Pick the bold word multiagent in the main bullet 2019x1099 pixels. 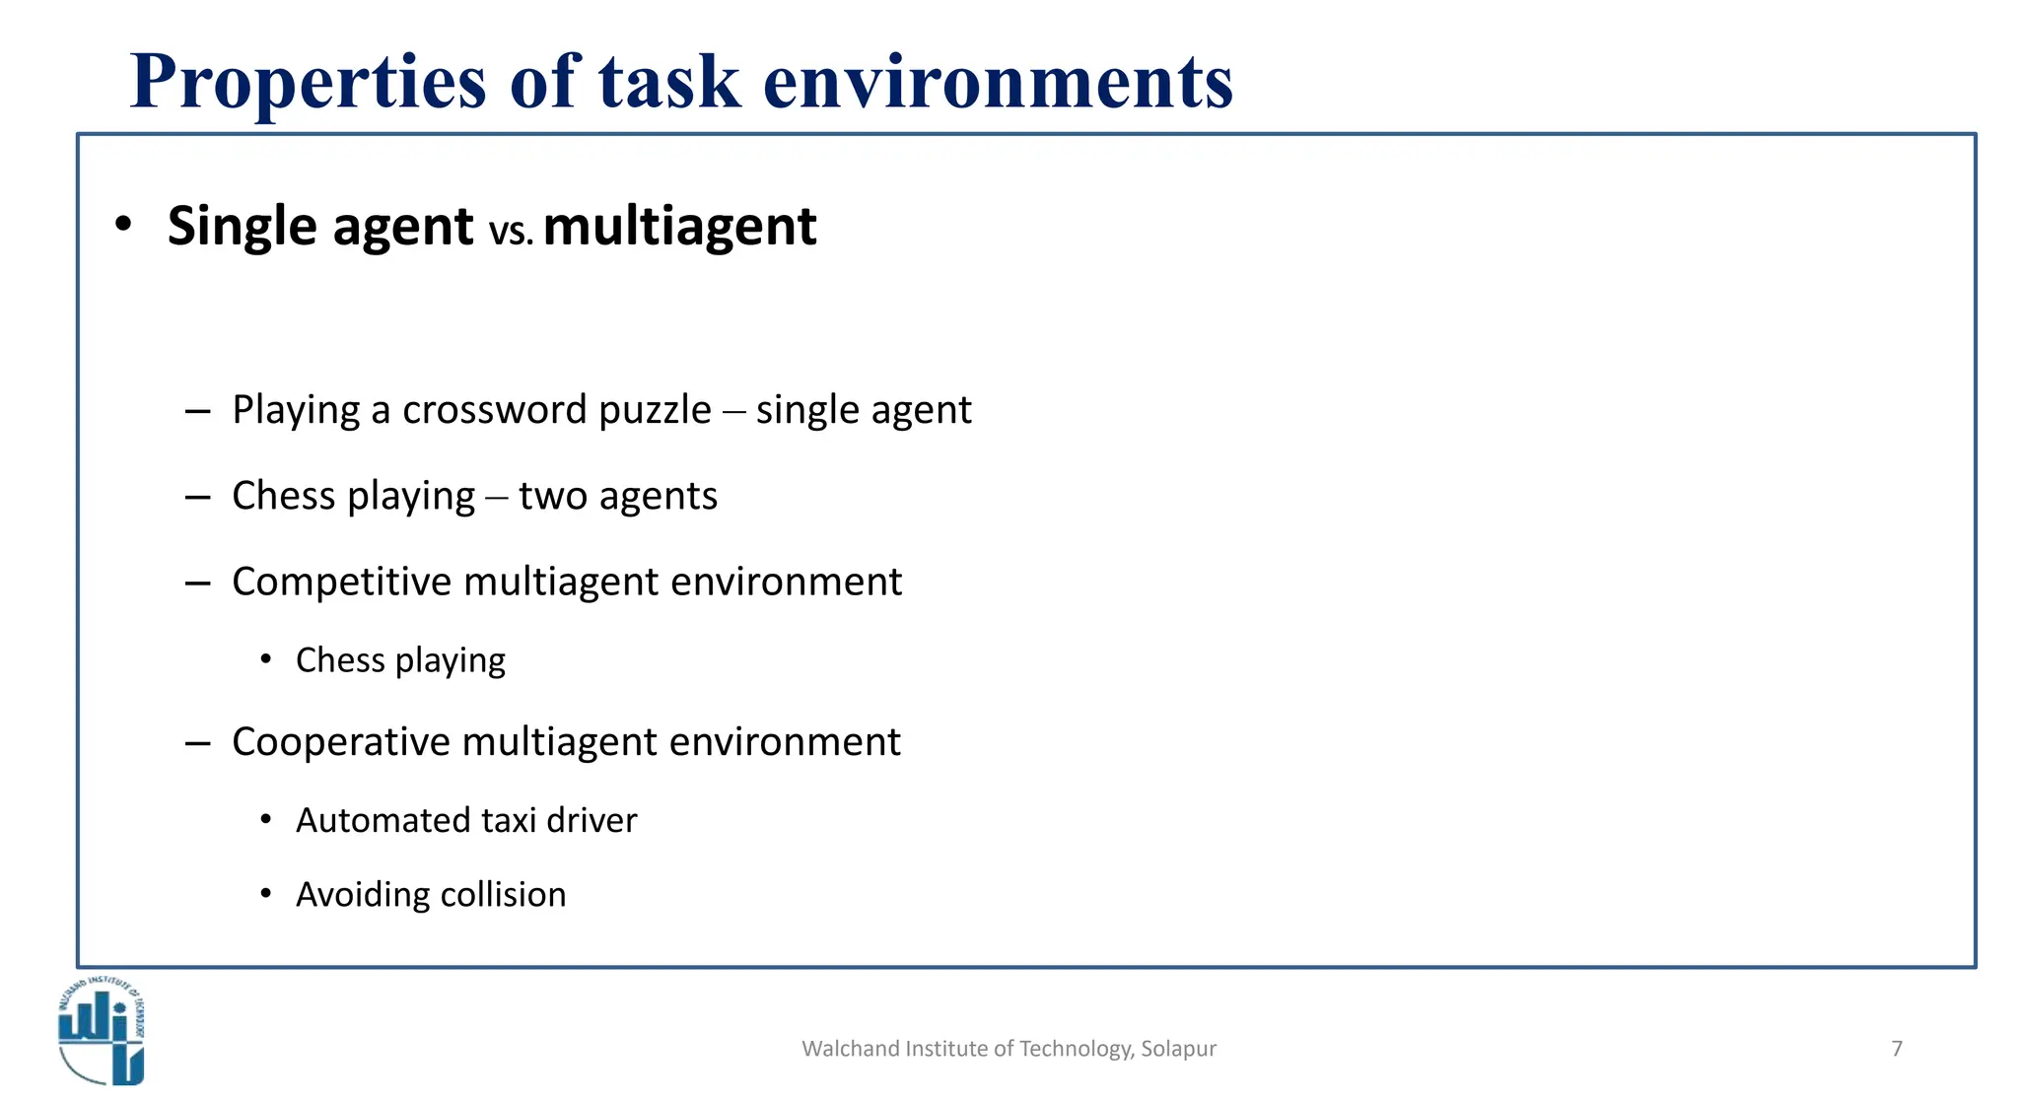679,227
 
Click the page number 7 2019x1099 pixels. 1897,1049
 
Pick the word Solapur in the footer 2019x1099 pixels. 1178,1049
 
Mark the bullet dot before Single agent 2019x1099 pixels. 122,226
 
